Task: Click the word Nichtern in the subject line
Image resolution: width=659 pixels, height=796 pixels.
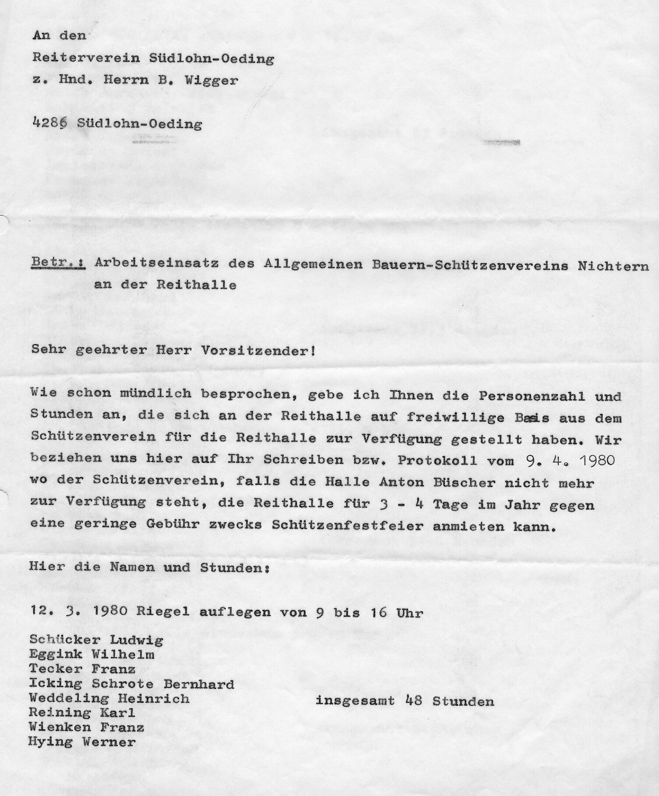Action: click(x=613, y=267)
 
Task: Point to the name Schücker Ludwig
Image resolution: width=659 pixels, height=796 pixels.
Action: click(x=96, y=640)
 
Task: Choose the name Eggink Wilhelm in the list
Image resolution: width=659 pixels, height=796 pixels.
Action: click(x=92, y=655)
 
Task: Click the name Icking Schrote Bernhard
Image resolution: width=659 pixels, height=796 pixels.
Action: click(x=131, y=684)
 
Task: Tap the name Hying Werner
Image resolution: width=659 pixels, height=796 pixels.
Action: click(x=82, y=742)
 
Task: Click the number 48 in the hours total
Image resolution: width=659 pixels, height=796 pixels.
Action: click(x=414, y=701)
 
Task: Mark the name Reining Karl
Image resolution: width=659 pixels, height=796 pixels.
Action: click(x=82, y=713)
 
